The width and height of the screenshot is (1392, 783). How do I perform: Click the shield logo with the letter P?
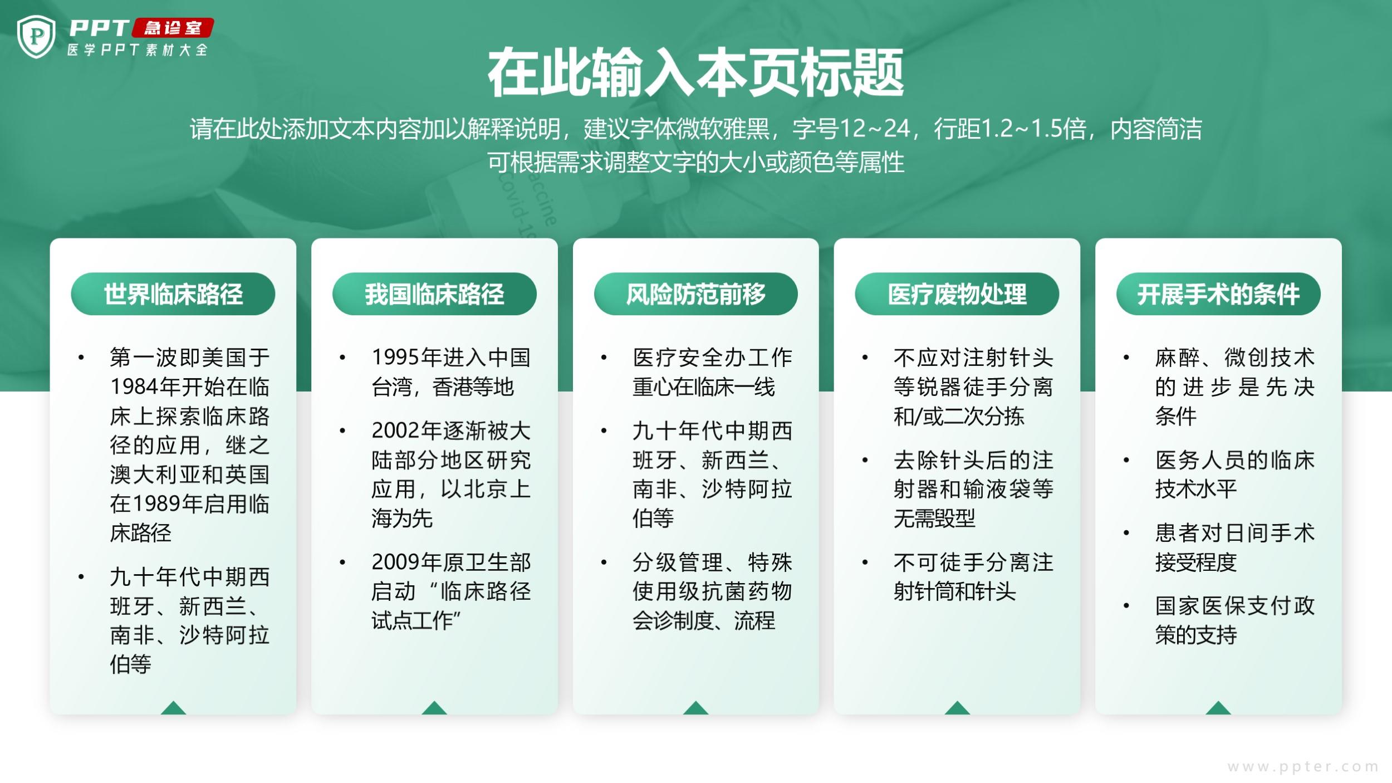[36, 37]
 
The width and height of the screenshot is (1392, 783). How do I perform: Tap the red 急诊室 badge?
[173, 28]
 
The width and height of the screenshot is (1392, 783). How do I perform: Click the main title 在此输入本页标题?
[695, 73]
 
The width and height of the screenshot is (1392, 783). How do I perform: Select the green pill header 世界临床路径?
[173, 294]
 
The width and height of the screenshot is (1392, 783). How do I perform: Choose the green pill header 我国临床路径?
[434, 294]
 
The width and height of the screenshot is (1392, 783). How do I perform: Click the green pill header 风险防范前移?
[695, 294]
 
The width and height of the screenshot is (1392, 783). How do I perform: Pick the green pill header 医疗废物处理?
[957, 294]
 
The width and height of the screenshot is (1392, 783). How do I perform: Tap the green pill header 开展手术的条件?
[1218, 294]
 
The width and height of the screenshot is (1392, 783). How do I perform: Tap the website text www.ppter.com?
[1303, 767]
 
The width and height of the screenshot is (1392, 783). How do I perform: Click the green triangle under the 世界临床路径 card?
[173, 708]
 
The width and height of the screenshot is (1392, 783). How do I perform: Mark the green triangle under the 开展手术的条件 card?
[1218, 708]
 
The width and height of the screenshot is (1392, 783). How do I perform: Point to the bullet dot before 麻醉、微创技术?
[1126, 358]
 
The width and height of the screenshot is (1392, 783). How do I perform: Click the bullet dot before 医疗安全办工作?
[604, 358]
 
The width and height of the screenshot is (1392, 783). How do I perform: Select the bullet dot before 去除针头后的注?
[865, 461]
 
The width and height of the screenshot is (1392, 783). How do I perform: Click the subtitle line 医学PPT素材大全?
[138, 50]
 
